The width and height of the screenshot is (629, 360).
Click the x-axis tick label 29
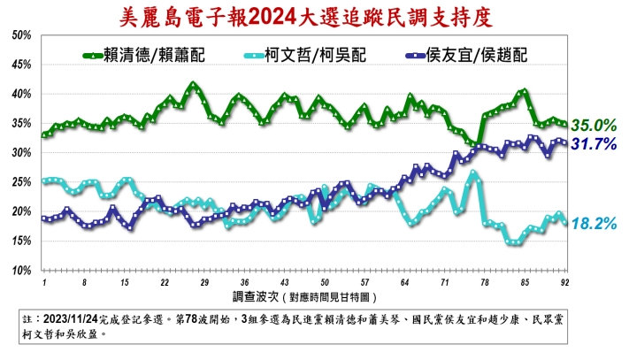coord(204,281)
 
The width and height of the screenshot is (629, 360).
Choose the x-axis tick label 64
coord(404,281)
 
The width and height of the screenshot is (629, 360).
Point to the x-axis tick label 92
coord(564,281)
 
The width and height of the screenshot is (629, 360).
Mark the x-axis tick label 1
coord(43,281)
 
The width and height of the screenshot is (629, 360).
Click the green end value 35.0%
coord(593,125)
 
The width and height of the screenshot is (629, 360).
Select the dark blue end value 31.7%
coord(593,143)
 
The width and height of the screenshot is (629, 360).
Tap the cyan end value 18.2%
coord(593,224)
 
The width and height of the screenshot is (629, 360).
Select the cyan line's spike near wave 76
coord(475,174)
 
